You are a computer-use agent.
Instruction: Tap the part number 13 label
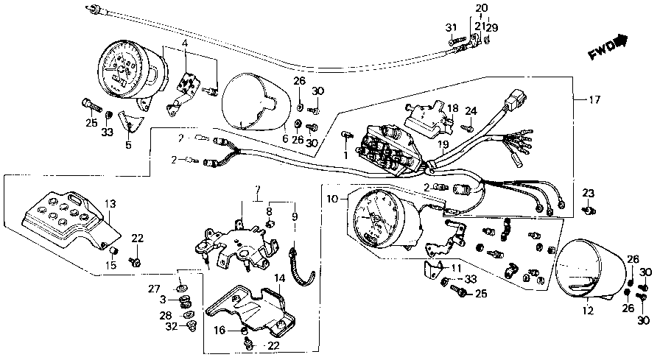pyautogui.click(x=110, y=203)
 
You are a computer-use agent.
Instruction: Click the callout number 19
pyautogui.click(x=442, y=146)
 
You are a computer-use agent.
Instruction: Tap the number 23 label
pyautogui.click(x=588, y=193)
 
